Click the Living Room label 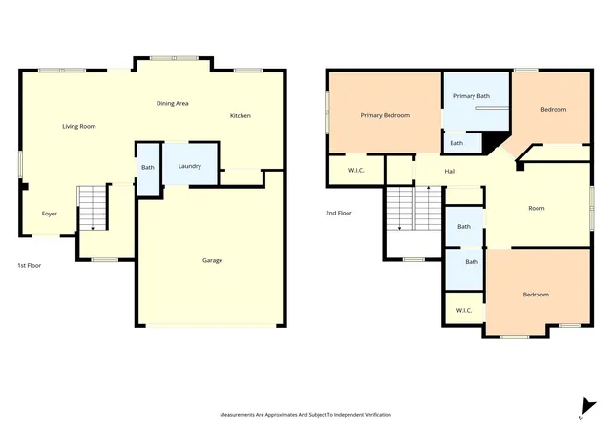[x=79, y=126]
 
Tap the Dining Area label [x=172, y=103]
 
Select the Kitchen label [x=241, y=115]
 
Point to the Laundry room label [x=190, y=166]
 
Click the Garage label [x=212, y=260]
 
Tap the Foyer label [x=50, y=214]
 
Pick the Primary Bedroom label [x=385, y=115]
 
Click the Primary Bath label [x=472, y=96]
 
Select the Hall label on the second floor [x=450, y=171]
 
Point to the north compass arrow [x=587, y=408]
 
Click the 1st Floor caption [x=30, y=265]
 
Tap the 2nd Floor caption [x=339, y=213]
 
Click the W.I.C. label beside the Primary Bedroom [x=356, y=170]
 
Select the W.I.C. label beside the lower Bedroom [x=464, y=310]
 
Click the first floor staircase [x=93, y=208]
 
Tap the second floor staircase [x=413, y=208]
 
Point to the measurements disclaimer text [x=305, y=415]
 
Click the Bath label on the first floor [x=148, y=167]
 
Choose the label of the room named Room [x=537, y=208]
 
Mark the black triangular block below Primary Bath [x=493, y=142]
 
